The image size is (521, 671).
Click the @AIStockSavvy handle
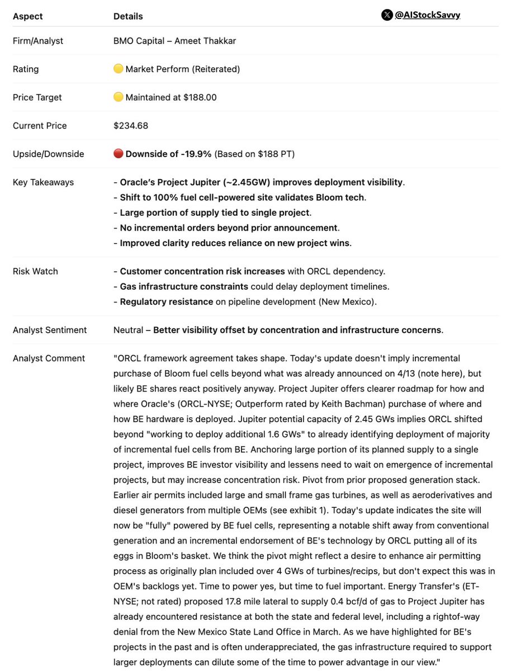click(x=428, y=15)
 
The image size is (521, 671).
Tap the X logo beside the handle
click(x=387, y=15)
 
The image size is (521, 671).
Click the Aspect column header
click(x=27, y=16)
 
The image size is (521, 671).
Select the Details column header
click(x=128, y=16)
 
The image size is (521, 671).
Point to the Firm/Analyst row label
click(x=38, y=41)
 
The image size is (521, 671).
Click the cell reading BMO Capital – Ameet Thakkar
click(x=174, y=41)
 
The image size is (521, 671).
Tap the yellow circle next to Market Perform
click(x=118, y=69)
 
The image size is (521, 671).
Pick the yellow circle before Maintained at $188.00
click(x=118, y=97)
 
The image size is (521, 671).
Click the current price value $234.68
click(x=131, y=126)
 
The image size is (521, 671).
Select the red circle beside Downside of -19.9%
click(x=118, y=154)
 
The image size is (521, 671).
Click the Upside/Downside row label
click(x=48, y=154)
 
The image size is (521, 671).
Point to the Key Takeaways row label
click(x=43, y=182)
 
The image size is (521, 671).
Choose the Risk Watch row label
click(x=35, y=271)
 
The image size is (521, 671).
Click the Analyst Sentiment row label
click(x=50, y=330)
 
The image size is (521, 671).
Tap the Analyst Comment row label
click(x=49, y=358)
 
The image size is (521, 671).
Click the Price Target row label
click(x=37, y=97)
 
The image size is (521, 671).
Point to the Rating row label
click(x=26, y=69)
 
